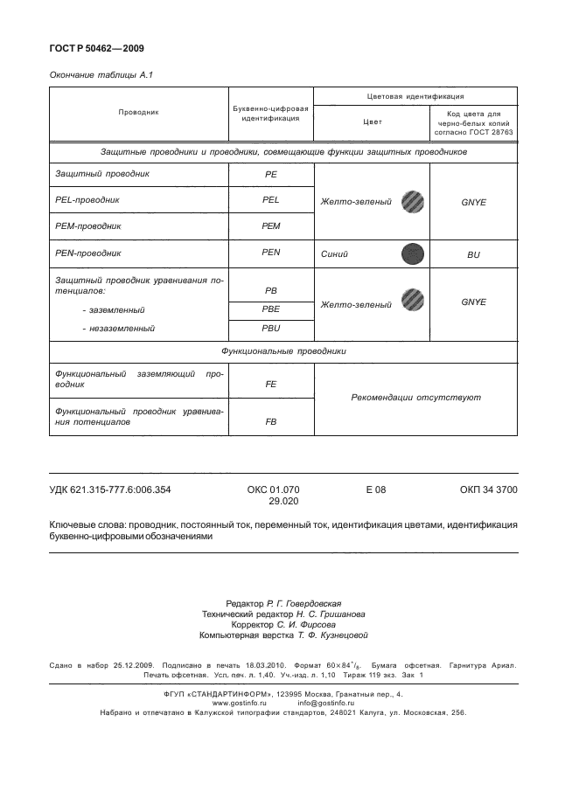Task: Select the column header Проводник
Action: (x=138, y=113)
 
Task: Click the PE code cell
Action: (x=270, y=175)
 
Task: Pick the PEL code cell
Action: (x=270, y=200)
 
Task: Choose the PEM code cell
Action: (x=270, y=226)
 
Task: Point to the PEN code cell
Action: (x=270, y=253)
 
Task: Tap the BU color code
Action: (x=473, y=255)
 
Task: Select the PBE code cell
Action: (x=270, y=310)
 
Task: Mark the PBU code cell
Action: (x=270, y=330)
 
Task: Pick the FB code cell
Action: (x=270, y=421)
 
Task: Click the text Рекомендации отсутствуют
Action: (x=415, y=398)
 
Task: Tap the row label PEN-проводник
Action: (x=87, y=252)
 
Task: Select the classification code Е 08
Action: (x=375, y=490)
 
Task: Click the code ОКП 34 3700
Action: (x=488, y=490)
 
